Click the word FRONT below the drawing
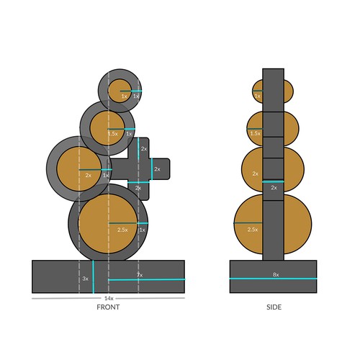[x=108, y=307]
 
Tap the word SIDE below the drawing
[x=273, y=307]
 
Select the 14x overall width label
[x=109, y=298]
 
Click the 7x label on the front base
[x=139, y=274]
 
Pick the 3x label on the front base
[x=85, y=278]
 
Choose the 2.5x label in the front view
[x=122, y=230]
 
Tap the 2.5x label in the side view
[x=253, y=229]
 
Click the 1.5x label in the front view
[x=113, y=133]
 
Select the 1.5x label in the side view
[x=255, y=133]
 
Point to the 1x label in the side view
[x=257, y=96]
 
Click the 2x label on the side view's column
[x=274, y=187]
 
